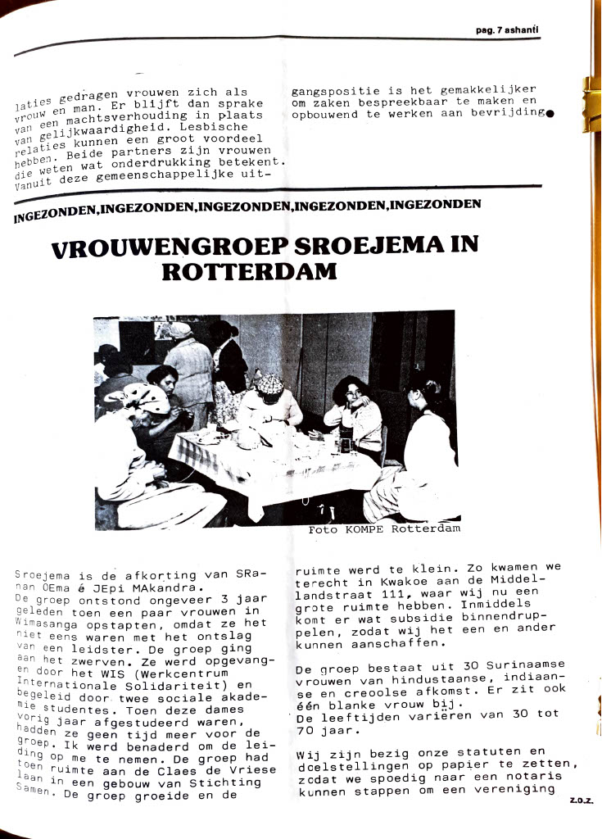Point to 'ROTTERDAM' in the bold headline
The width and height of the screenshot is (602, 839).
click(x=249, y=272)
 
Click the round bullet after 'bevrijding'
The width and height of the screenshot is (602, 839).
click(x=549, y=113)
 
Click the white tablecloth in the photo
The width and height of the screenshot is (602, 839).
click(x=270, y=467)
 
